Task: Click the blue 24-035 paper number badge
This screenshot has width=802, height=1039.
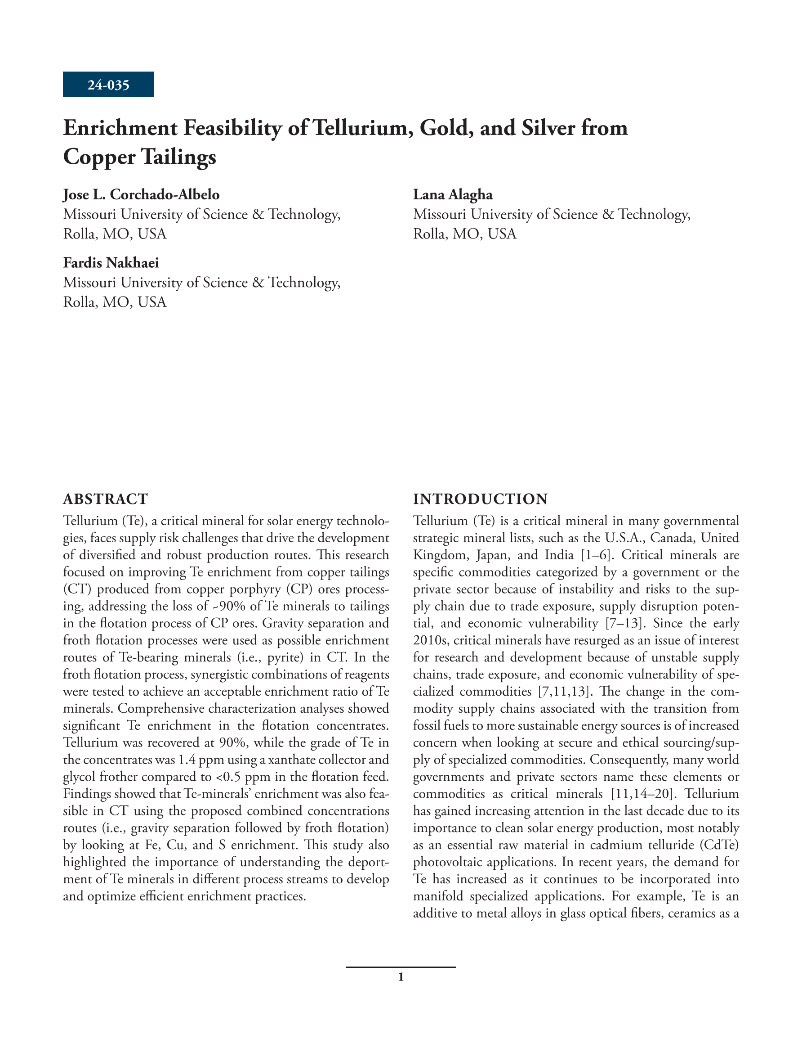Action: tap(108, 85)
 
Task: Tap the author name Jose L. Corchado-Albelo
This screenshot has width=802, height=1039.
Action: tap(141, 194)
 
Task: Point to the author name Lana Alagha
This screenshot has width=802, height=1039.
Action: tap(453, 194)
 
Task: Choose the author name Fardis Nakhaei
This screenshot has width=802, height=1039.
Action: tap(111, 263)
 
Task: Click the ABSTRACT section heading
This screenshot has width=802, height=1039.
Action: tap(106, 499)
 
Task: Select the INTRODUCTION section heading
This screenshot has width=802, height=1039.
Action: tap(480, 499)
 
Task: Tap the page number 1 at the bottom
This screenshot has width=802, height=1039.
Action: tap(401, 977)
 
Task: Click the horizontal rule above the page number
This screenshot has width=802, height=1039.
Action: tap(401, 967)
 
